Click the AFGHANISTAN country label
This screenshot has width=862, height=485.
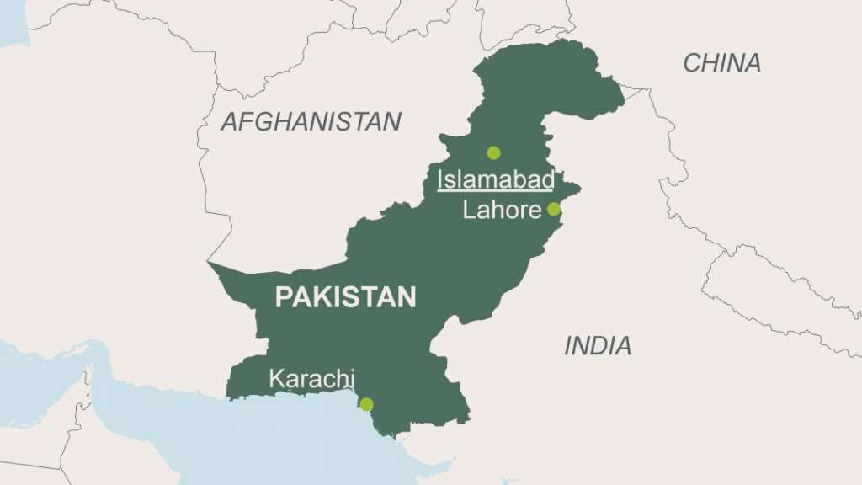(311, 121)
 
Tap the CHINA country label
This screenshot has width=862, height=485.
(721, 62)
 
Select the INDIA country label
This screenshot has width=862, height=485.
(598, 345)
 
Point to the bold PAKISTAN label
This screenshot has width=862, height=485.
(345, 297)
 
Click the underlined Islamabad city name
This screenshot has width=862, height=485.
(495, 179)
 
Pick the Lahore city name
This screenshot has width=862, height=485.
(502, 210)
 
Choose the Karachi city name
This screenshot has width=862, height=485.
(311, 379)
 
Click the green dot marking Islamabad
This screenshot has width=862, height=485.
(493, 152)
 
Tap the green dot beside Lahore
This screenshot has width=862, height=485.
(553, 209)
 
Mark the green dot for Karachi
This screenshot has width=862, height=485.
(366, 404)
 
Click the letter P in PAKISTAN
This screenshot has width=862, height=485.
(283, 297)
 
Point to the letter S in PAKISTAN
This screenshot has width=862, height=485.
(354, 297)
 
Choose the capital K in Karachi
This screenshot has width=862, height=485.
(276, 379)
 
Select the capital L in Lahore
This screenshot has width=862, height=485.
(469, 210)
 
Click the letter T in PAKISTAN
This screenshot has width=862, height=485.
(371, 297)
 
